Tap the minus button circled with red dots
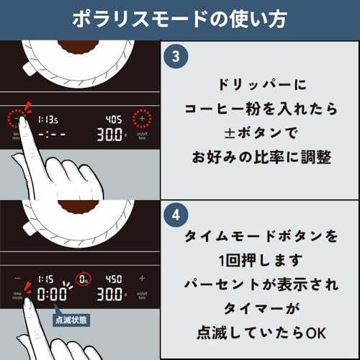click(17, 118)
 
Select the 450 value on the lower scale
click(113, 278)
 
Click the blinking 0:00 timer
click(52, 294)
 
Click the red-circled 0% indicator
click(84, 278)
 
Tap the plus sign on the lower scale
click(142, 278)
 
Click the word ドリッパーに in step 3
click(261, 84)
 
